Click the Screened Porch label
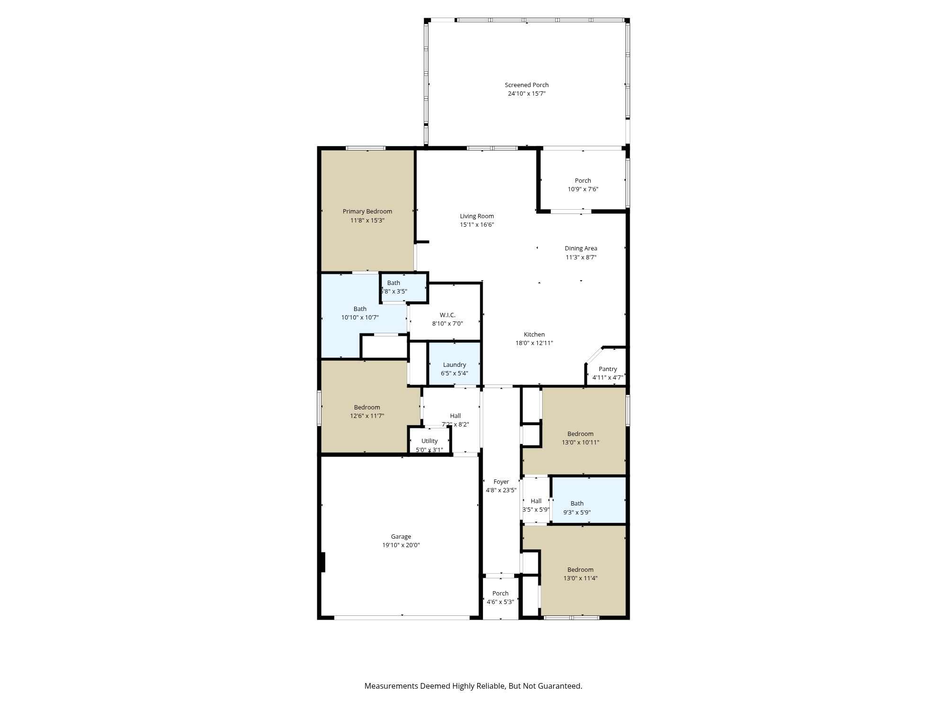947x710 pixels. tap(527, 85)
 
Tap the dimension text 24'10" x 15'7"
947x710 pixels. tap(527, 94)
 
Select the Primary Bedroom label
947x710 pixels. tap(367, 212)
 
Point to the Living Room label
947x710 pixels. tap(477, 216)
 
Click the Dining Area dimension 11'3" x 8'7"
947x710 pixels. tap(581, 257)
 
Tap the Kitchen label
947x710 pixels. tap(534, 335)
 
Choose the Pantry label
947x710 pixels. tap(608, 369)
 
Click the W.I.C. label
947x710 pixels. tap(447, 315)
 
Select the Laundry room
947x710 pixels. tap(455, 365)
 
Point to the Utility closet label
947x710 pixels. tap(429, 441)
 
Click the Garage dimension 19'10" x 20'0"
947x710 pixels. tap(401, 545)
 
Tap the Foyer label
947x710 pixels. tap(501, 482)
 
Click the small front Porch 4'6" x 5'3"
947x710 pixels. tap(500, 598)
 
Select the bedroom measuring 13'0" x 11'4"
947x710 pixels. tap(581, 574)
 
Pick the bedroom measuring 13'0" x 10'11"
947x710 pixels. tap(581, 438)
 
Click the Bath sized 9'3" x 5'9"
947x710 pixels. tap(577, 508)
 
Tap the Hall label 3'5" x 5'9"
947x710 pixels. tap(536, 501)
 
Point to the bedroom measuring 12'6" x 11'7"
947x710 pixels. tap(367, 412)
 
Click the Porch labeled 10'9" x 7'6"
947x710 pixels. tap(583, 185)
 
